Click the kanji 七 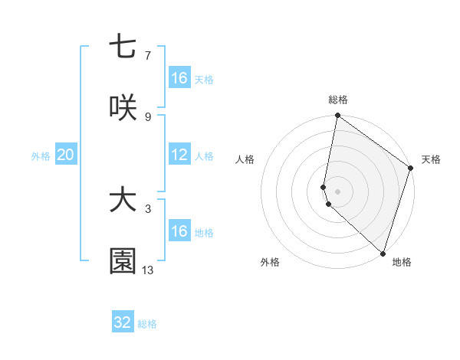tap(123, 48)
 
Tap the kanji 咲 tap(123, 108)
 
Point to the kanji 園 tap(123, 261)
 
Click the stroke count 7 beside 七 tap(147, 56)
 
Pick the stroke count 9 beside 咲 tap(147, 116)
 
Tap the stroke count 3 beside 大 tap(147, 208)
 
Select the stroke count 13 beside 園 tap(148, 270)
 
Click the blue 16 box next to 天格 tap(179, 78)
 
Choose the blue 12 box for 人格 tap(179, 155)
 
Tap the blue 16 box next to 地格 tap(179, 231)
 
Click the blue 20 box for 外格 tap(65, 155)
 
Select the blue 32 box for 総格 tap(123, 322)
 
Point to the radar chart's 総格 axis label tap(338, 100)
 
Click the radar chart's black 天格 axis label tap(431, 159)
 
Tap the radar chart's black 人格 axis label tap(245, 159)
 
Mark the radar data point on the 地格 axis tap(383, 254)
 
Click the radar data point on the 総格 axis tap(337, 116)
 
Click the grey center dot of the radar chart tap(337, 191)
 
